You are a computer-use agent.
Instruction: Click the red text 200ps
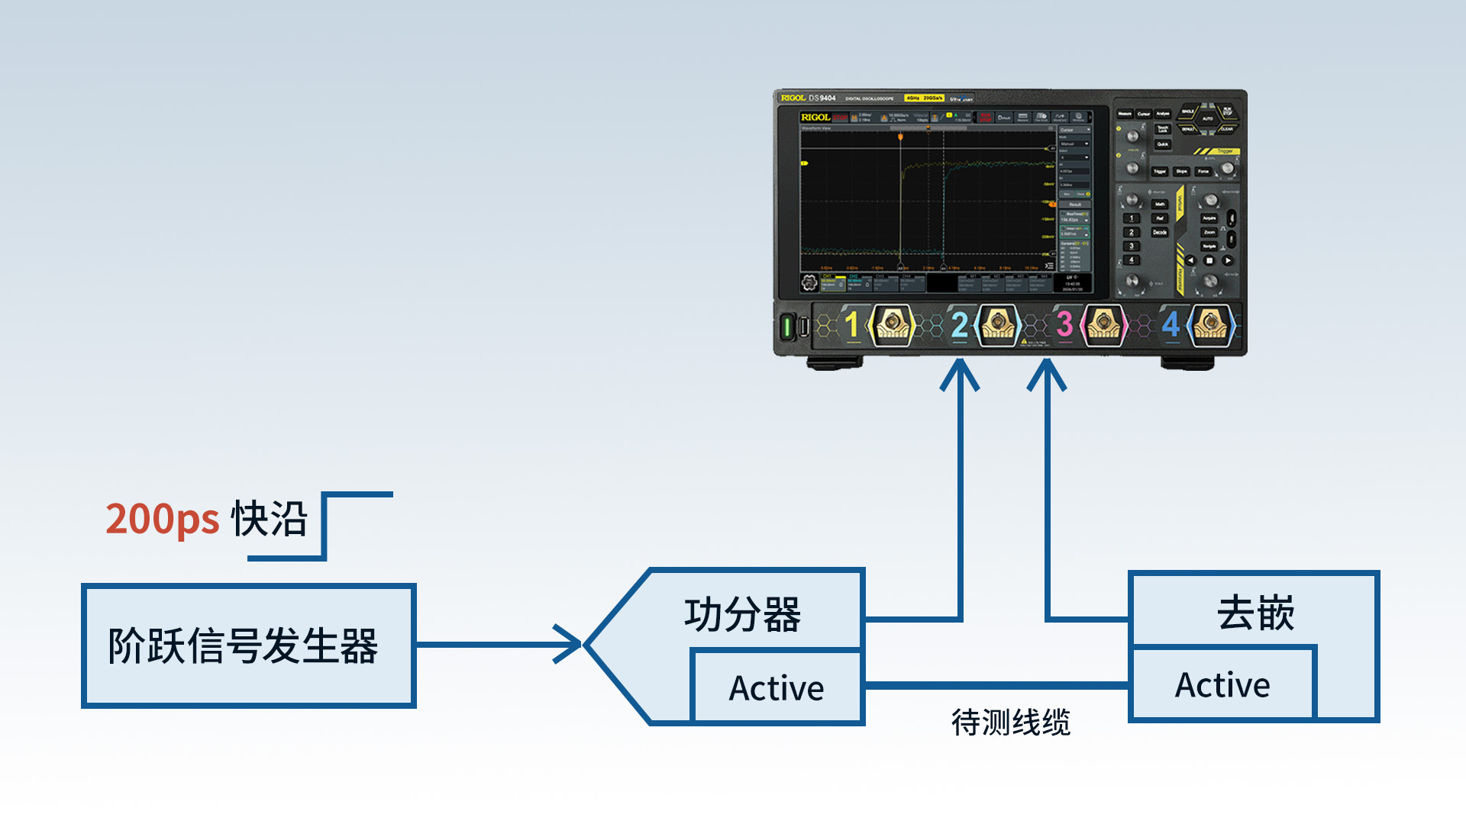[x=162, y=520]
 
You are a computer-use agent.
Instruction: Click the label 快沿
[x=270, y=520]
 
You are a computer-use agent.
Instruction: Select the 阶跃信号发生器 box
[x=248, y=645]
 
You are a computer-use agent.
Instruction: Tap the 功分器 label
[x=742, y=615]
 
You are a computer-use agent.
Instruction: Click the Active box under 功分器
[x=777, y=688]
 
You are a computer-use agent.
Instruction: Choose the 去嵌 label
[x=1255, y=613]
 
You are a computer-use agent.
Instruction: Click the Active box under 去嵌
[x=1222, y=685]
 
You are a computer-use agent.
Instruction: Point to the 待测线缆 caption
[x=1010, y=723]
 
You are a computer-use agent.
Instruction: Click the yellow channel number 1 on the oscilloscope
[x=852, y=325]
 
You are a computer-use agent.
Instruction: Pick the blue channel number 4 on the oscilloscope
[x=1171, y=325]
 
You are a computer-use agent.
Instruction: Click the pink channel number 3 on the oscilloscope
[x=1064, y=325]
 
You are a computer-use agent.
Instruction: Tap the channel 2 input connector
[x=997, y=325]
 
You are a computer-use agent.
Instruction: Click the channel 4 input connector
[x=1210, y=325]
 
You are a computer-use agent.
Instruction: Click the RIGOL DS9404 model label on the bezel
[x=809, y=98]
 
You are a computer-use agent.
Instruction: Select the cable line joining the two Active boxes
[x=996, y=685]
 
